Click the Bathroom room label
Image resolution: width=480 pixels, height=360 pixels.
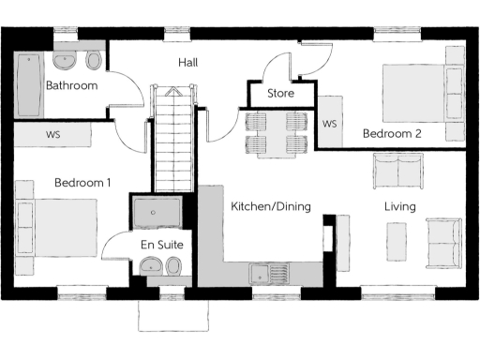point(72,86)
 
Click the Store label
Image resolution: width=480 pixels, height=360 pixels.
point(280,94)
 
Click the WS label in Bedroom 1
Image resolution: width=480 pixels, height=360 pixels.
point(52,135)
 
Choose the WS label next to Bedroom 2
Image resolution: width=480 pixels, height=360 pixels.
point(329,124)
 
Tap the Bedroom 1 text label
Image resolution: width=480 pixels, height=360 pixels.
point(82,183)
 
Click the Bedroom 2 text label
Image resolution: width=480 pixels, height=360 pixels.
point(392,134)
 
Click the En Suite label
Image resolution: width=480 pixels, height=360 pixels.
point(162,245)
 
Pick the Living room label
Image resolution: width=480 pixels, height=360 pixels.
point(399,206)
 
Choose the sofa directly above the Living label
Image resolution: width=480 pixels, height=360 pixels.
point(398,170)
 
